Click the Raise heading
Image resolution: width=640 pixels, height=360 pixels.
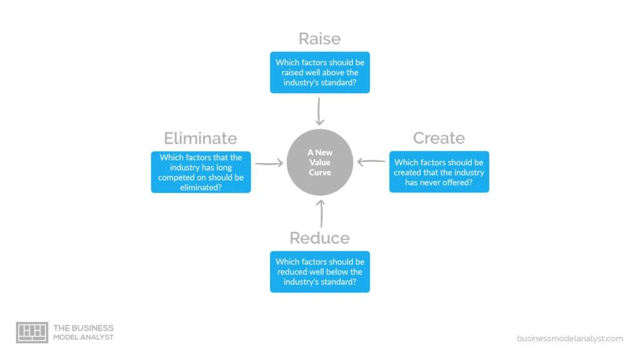(x=319, y=39)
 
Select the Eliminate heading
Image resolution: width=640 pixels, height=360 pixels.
(x=201, y=138)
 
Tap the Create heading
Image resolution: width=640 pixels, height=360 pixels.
(x=439, y=138)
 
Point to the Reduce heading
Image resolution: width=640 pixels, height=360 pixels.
(x=319, y=238)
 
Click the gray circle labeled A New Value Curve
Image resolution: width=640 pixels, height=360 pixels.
(x=320, y=162)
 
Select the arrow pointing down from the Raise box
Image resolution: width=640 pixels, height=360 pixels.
(x=319, y=111)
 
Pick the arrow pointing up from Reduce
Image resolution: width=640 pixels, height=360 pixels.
(x=321, y=214)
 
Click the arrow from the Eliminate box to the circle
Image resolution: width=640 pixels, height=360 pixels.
(x=269, y=163)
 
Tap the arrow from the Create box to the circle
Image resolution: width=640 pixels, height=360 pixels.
(x=371, y=162)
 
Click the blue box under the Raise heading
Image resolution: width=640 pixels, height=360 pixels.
(x=320, y=72)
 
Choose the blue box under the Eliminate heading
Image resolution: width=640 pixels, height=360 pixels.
(x=201, y=172)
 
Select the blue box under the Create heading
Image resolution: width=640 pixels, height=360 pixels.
(x=439, y=172)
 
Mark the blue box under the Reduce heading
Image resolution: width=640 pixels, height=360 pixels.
(x=320, y=271)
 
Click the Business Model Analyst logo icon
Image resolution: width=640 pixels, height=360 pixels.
(x=32, y=332)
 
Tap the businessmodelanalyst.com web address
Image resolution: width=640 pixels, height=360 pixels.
(x=570, y=338)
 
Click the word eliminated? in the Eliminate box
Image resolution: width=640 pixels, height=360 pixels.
(x=201, y=187)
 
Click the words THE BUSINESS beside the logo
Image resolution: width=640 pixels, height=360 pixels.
(x=84, y=328)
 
